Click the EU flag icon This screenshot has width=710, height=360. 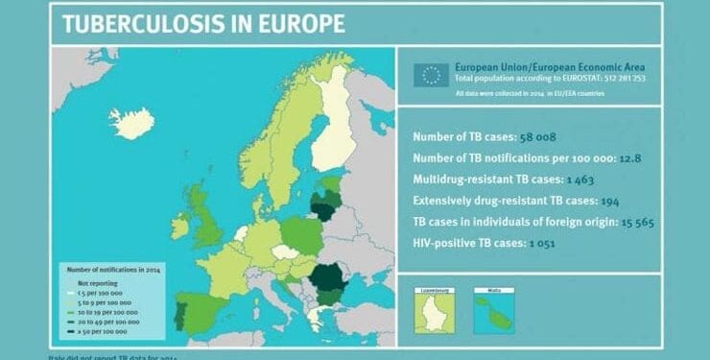coord(431,74)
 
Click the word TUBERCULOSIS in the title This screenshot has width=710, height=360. coord(142,25)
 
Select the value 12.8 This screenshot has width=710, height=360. coord(617,158)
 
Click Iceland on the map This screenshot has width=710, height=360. coord(131,123)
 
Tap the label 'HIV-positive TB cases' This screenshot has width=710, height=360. coord(469,244)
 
